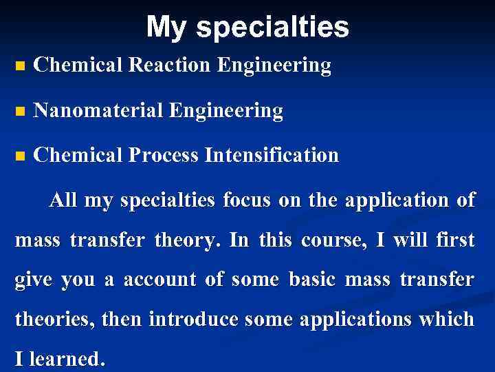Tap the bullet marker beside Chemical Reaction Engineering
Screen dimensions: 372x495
tap(19, 67)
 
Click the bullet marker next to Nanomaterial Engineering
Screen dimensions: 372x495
tap(19, 112)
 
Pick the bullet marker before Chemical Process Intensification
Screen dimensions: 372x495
tap(19, 156)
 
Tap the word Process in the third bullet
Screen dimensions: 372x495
tap(165, 155)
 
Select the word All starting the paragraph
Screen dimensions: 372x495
tap(63, 201)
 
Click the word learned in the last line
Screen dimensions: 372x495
tap(69, 359)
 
